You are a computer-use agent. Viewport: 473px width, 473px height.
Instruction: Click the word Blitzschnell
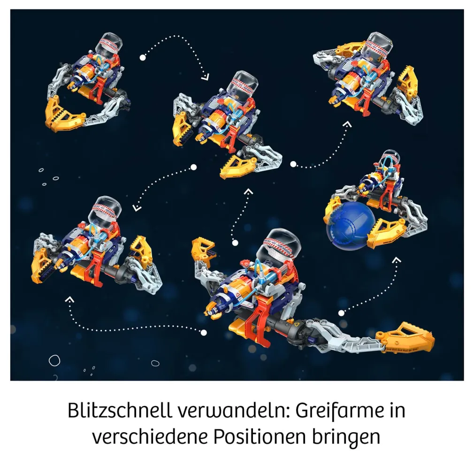point(120,410)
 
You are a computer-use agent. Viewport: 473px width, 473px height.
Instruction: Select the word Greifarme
point(340,410)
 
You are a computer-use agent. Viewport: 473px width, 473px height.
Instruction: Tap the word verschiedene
point(150,436)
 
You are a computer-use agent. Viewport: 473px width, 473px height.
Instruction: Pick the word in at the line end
point(397,410)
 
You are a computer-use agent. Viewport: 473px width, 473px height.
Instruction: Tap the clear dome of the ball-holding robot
point(390,157)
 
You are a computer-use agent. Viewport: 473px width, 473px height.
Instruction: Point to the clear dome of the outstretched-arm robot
point(282,244)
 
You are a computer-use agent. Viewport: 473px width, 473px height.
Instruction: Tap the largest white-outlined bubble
point(54,360)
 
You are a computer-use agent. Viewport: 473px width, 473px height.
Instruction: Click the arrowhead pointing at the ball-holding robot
point(397,259)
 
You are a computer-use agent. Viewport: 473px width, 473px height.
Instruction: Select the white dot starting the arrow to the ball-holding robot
point(341,313)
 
